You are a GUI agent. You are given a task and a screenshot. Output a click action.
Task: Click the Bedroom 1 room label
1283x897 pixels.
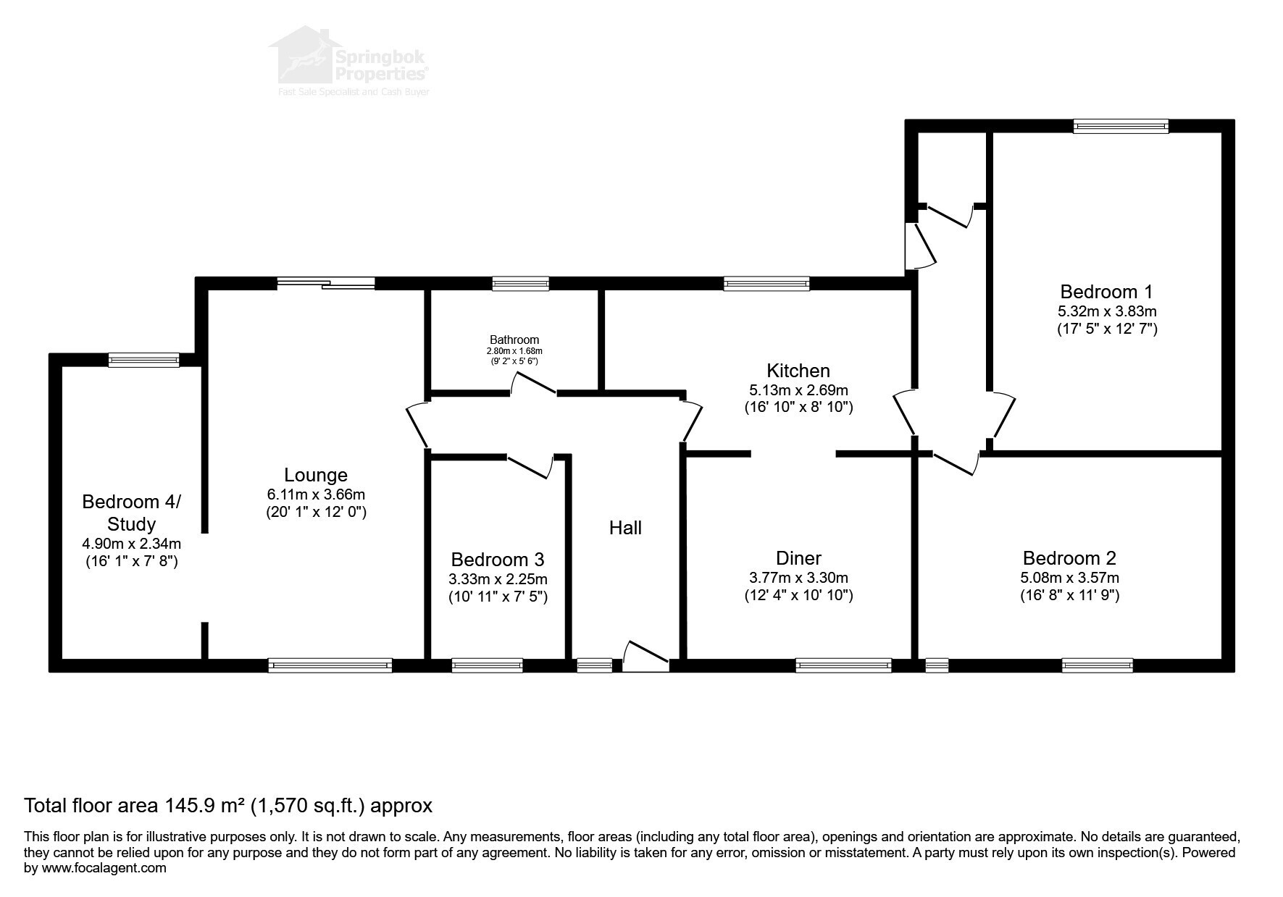click(x=1106, y=292)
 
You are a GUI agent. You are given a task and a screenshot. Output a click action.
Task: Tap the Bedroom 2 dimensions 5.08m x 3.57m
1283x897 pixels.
click(x=1069, y=578)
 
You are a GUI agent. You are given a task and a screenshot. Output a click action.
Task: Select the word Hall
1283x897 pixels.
click(x=625, y=528)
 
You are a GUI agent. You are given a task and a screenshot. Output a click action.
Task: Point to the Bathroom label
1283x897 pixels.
click(x=514, y=340)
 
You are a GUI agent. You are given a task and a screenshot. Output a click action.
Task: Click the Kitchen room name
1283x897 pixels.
click(x=798, y=371)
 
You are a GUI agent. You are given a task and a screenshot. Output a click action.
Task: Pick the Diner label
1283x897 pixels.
click(x=798, y=558)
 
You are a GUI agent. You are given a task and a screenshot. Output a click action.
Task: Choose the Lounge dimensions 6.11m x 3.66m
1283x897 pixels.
click(x=316, y=494)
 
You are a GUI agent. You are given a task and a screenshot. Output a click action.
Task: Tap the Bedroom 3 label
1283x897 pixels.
click(x=498, y=560)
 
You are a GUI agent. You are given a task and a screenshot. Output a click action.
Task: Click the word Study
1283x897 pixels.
click(x=131, y=523)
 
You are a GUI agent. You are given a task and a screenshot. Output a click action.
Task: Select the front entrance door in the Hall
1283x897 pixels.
click(x=645, y=656)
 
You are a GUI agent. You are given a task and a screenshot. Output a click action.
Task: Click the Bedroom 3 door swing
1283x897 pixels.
click(x=530, y=466)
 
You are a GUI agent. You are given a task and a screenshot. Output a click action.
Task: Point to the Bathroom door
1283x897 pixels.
click(x=534, y=384)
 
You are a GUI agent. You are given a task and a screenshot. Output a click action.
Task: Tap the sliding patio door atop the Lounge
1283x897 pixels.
click(x=326, y=283)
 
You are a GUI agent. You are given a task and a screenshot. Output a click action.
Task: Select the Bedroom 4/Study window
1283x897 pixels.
click(x=143, y=360)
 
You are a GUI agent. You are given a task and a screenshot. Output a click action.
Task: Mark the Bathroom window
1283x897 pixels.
click(x=520, y=283)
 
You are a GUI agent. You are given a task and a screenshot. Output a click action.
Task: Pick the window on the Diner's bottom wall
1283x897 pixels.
click(x=843, y=665)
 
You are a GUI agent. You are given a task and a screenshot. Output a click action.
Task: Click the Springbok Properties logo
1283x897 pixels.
click(x=350, y=62)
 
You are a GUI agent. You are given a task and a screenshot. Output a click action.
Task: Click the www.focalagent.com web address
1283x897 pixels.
click(x=104, y=867)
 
